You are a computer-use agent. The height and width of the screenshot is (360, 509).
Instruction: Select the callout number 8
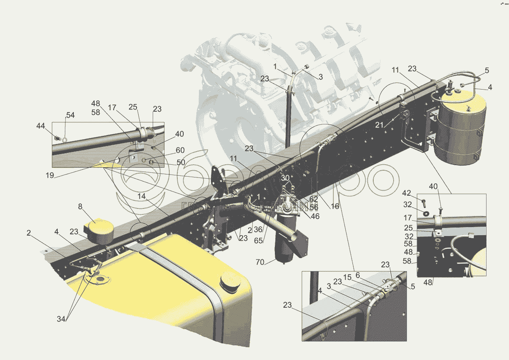[x=80, y=207]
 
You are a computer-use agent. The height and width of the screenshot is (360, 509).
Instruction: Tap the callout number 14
[x=141, y=197]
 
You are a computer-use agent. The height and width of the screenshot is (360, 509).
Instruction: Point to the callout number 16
[x=335, y=206]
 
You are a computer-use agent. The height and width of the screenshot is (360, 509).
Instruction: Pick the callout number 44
[x=40, y=126]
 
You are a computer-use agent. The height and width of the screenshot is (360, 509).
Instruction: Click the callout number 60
[x=180, y=151]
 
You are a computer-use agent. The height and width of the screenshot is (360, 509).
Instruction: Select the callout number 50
[x=181, y=162]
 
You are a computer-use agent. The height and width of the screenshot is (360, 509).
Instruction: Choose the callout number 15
[x=347, y=277]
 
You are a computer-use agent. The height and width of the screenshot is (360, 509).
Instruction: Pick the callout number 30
[x=285, y=178]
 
